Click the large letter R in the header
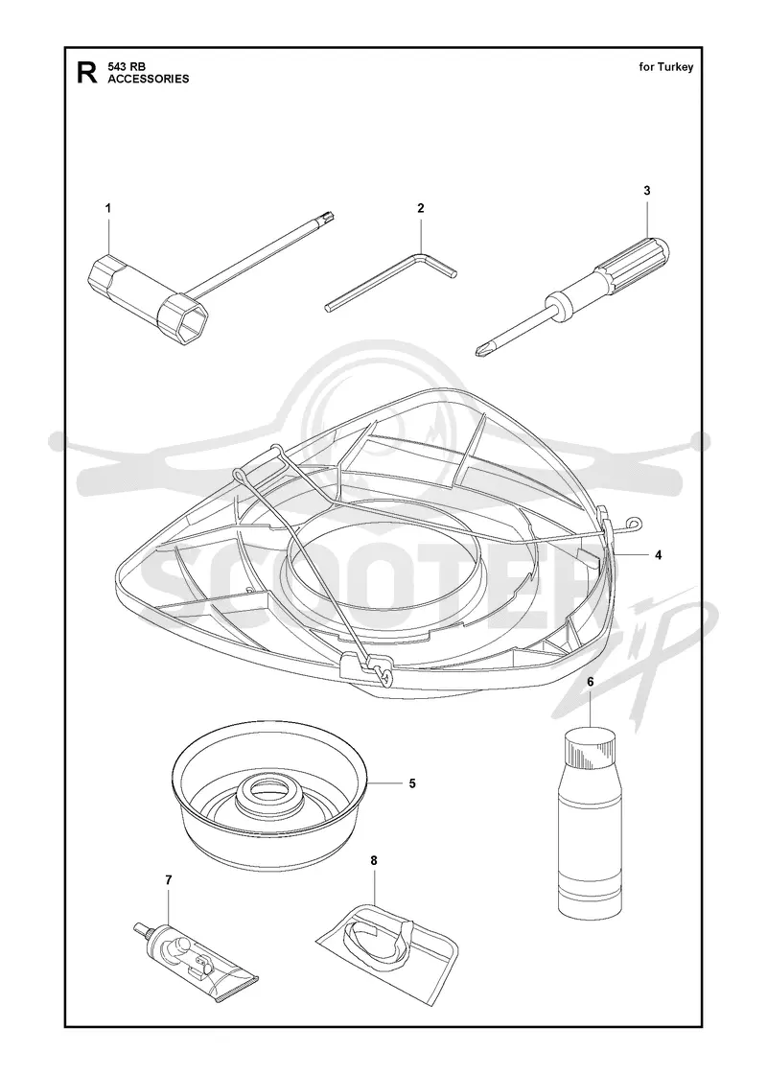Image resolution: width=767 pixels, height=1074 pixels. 87,72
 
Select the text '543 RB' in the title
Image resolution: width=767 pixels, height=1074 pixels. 124,66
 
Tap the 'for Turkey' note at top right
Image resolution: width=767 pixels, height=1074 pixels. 666,66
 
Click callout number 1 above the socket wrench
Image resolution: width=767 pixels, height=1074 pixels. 107,208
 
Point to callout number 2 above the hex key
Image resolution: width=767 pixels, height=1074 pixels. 421,208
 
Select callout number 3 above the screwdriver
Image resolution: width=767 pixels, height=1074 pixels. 646,191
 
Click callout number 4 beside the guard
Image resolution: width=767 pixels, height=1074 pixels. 658,555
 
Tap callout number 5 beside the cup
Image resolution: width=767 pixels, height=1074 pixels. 411,783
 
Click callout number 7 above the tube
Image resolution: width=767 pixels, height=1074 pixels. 168,879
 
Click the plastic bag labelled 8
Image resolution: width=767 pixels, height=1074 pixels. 388,939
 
